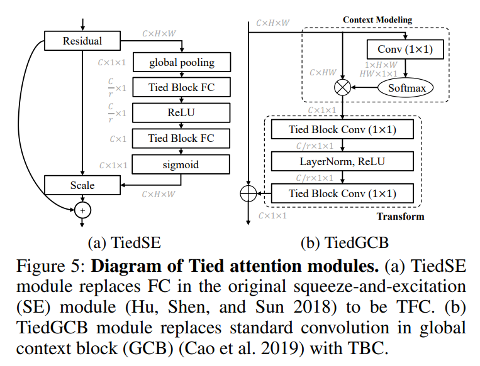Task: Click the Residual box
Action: [82, 41]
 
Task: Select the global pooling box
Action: [181, 62]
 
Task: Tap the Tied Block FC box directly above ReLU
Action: [181, 87]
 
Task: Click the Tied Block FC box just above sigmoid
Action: [181, 138]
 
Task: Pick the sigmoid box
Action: [181, 164]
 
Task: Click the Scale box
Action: [82, 185]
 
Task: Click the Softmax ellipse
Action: [406, 88]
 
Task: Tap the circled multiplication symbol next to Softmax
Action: [342, 88]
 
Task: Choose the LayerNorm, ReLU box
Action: [342, 162]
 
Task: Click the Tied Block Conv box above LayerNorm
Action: [342, 131]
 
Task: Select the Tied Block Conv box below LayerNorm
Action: [342, 193]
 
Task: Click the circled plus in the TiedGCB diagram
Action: [249, 194]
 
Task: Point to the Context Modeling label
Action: [377, 19]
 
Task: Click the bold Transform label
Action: [399, 217]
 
